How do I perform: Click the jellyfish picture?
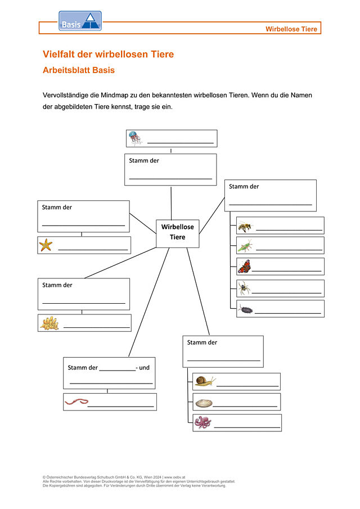pyautogui.click(x=134, y=138)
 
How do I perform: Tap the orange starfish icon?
pyautogui.click(x=46, y=245)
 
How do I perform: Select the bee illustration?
pyautogui.click(x=245, y=226)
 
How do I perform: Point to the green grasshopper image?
pyautogui.click(x=245, y=246)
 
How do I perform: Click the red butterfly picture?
pyautogui.click(x=244, y=266)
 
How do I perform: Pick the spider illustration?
pyautogui.click(x=244, y=288)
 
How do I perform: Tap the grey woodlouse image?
pyautogui.click(x=245, y=309)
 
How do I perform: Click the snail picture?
pyautogui.click(x=205, y=381)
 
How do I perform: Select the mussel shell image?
pyautogui.click(x=204, y=402)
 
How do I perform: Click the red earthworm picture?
pyautogui.click(x=76, y=402)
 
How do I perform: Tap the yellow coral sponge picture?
pyautogui.click(x=49, y=323)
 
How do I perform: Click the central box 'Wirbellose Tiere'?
pyautogui.click(x=177, y=232)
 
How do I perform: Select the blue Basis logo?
pyautogui.click(x=80, y=21)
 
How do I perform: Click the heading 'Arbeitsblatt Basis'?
pyautogui.click(x=79, y=70)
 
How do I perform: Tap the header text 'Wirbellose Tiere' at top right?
pyautogui.click(x=291, y=29)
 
